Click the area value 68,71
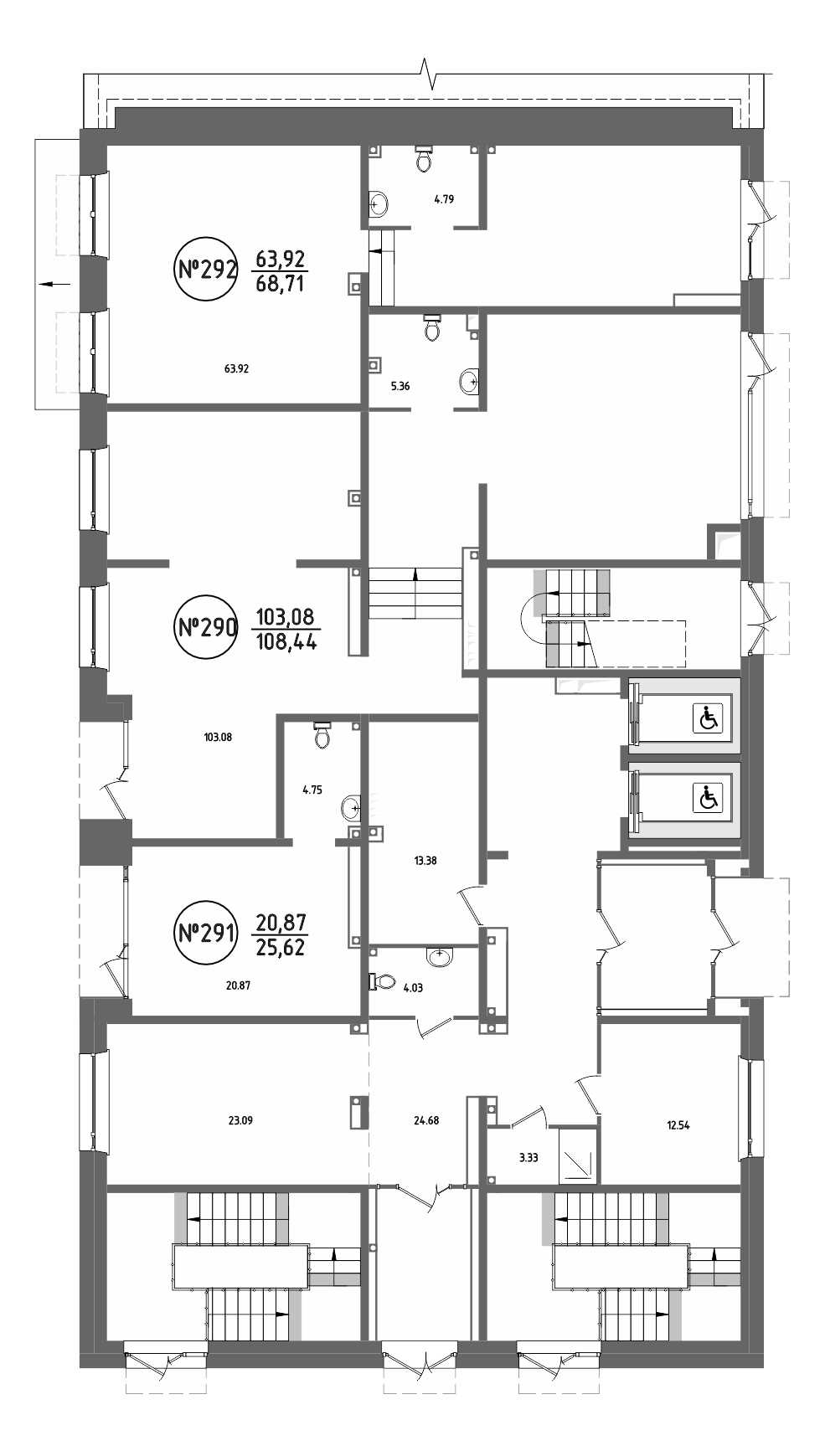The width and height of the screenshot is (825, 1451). click(280, 283)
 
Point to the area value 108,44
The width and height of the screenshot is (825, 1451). click(286, 643)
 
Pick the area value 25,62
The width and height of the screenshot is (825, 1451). click(280, 948)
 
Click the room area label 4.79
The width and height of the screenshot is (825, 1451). click(443, 199)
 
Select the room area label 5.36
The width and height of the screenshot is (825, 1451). click(400, 387)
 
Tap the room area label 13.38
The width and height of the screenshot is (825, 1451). click(425, 861)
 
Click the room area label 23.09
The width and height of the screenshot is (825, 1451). click(240, 1120)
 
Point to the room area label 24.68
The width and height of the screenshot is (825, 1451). click(426, 1120)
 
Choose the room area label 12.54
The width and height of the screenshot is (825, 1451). click(678, 1126)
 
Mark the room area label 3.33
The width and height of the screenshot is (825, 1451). click(529, 1159)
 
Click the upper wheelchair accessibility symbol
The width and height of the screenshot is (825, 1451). click(708, 718)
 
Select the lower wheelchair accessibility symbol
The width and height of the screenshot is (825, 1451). click(708, 798)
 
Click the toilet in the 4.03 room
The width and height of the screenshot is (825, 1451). click(382, 981)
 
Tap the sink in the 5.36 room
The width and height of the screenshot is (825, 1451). click(471, 382)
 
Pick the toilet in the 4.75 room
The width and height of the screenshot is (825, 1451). click(322, 733)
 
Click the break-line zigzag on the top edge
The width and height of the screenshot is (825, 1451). click(430, 74)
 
